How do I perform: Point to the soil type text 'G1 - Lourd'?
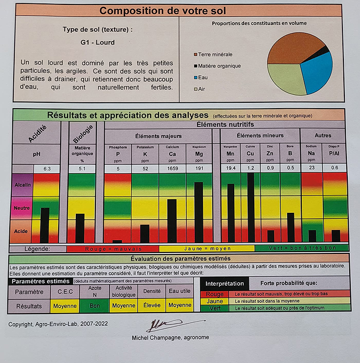coord(98,43)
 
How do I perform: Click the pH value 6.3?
coord(47,168)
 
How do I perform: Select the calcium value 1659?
coord(172,168)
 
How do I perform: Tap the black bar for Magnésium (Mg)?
coord(199,212)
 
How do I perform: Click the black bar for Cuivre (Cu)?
coord(250,207)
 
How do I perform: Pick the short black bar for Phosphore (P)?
coord(117,241)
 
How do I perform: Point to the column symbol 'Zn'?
coord(270,154)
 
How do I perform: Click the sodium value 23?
coord(312,168)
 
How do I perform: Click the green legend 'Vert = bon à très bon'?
coord(302,249)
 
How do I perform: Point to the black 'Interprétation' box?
coord(225,284)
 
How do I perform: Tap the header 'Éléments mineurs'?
coord(259,136)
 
